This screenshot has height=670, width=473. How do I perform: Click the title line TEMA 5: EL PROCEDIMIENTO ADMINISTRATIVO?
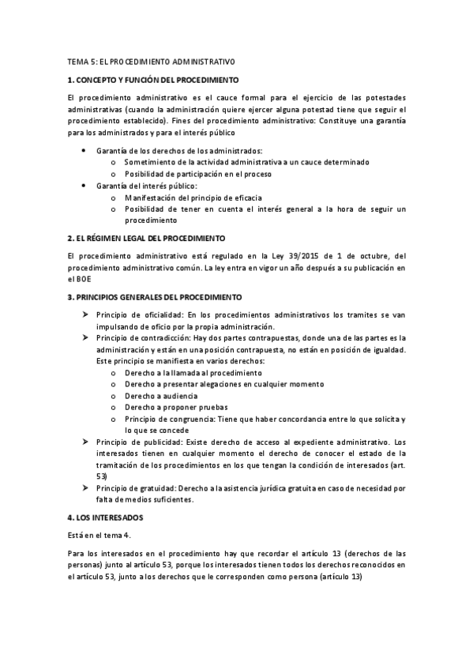pyautogui.click(x=151, y=61)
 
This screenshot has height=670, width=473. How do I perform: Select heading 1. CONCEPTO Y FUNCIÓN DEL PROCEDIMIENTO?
pyautogui.click(x=153, y=80)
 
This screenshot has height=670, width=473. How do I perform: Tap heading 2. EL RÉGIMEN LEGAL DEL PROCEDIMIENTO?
pyautogui.click(x=147, y=238)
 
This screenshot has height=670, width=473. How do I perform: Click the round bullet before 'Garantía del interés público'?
pyautogui.click(x=84, y=185)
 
